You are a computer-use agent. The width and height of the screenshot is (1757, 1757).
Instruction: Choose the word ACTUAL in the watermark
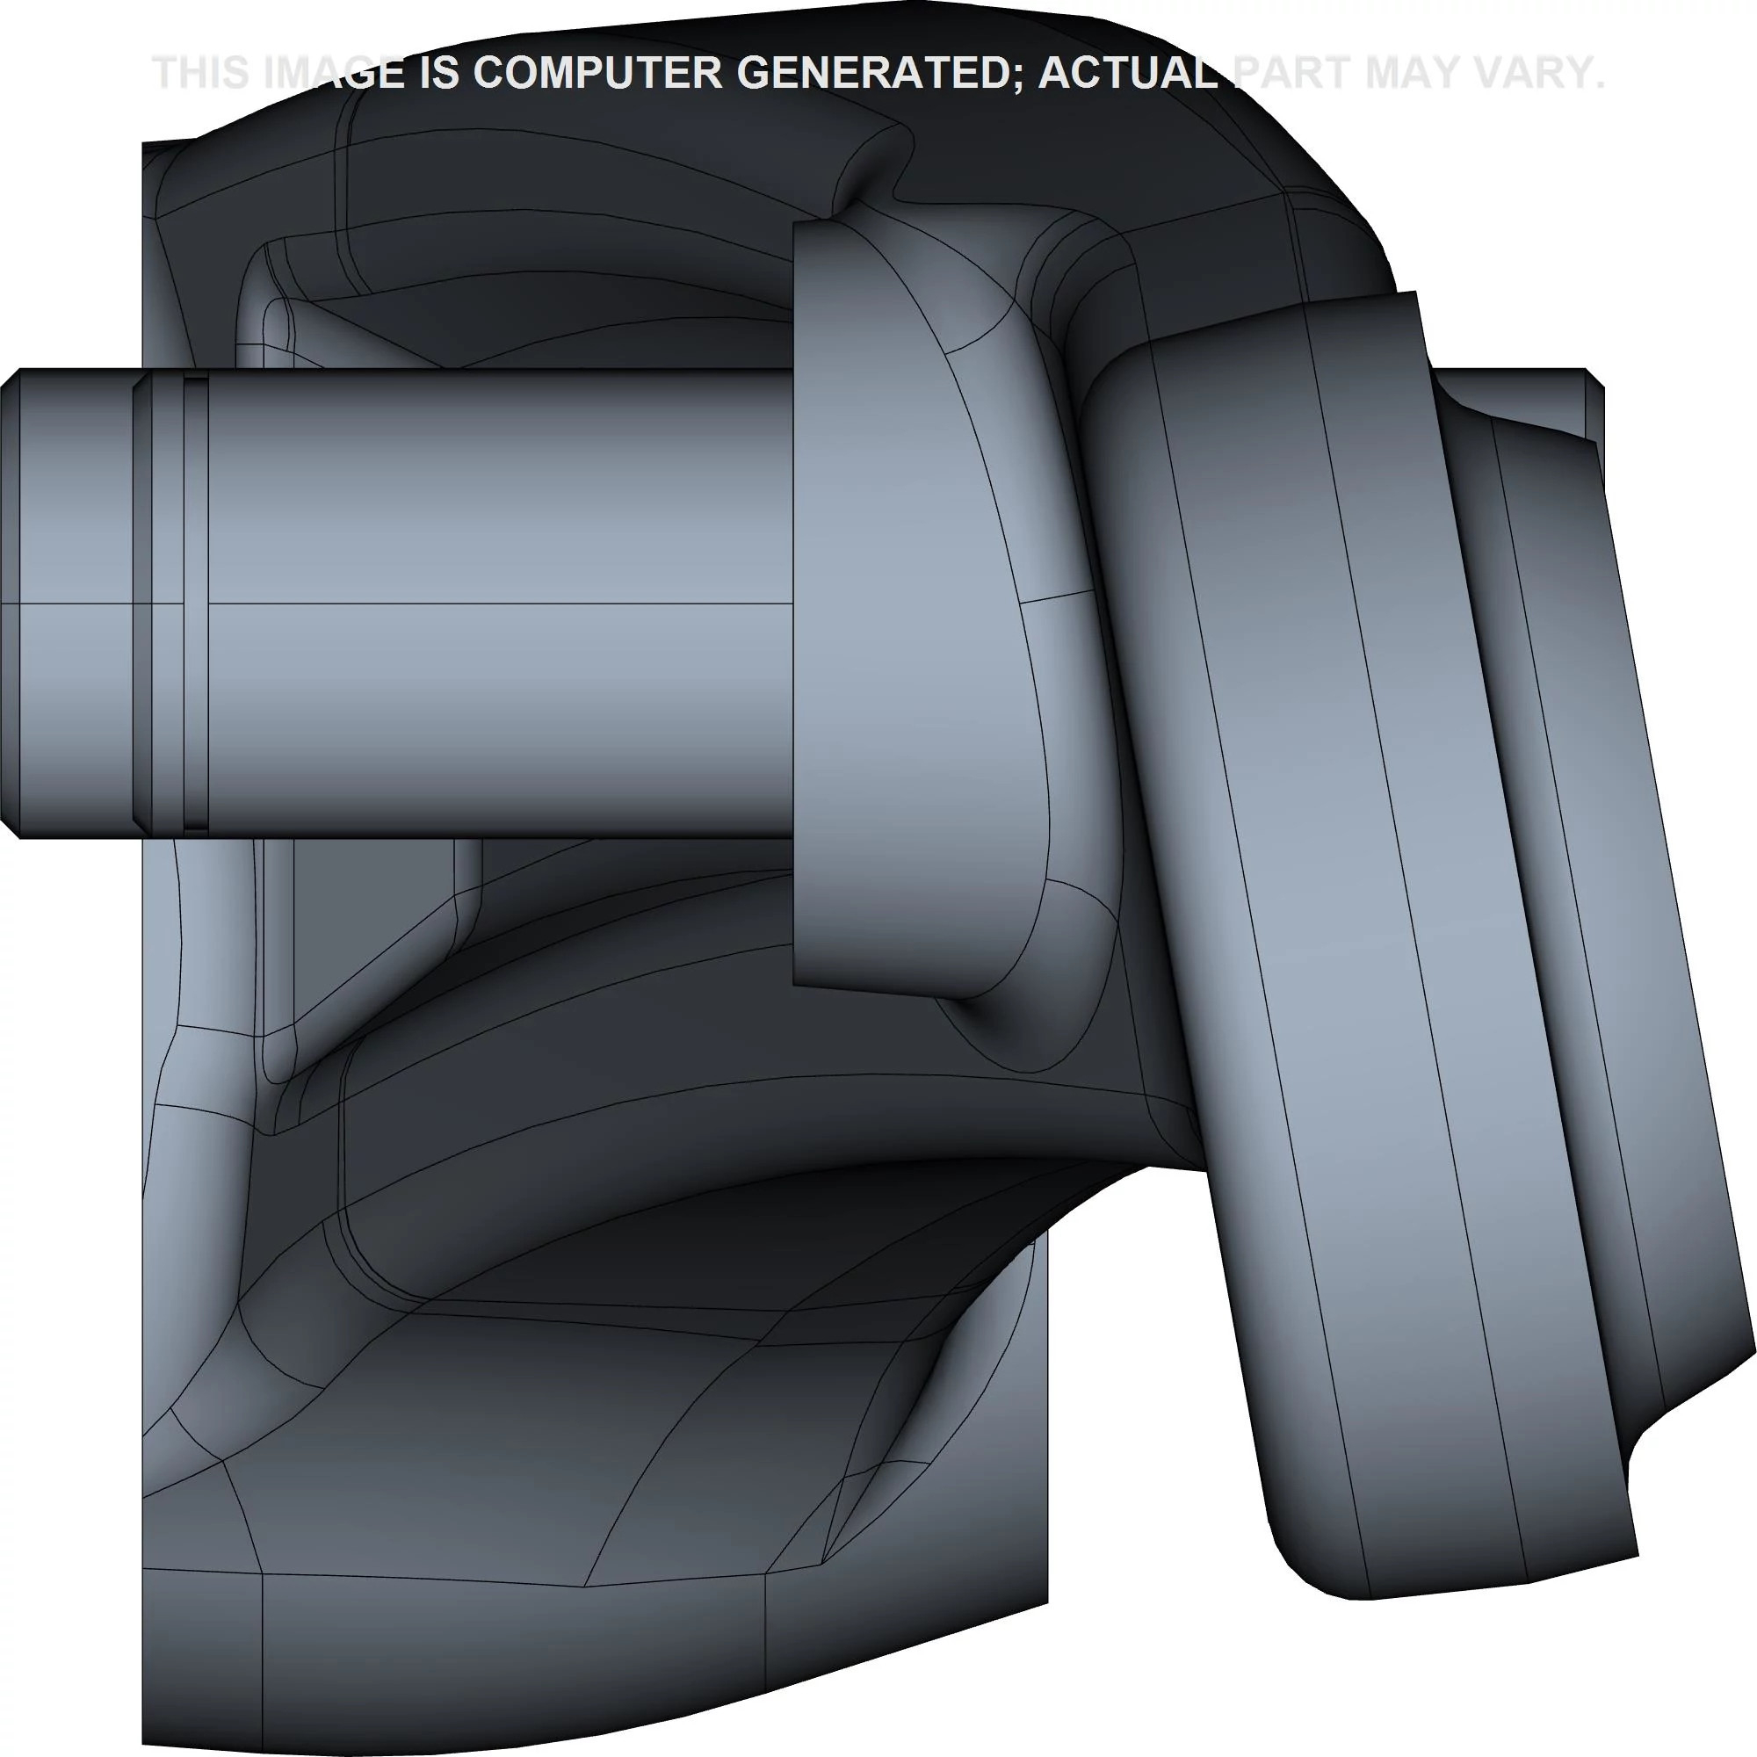[1129, 73]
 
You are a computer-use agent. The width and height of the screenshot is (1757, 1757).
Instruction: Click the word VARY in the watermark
[1533, 73]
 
